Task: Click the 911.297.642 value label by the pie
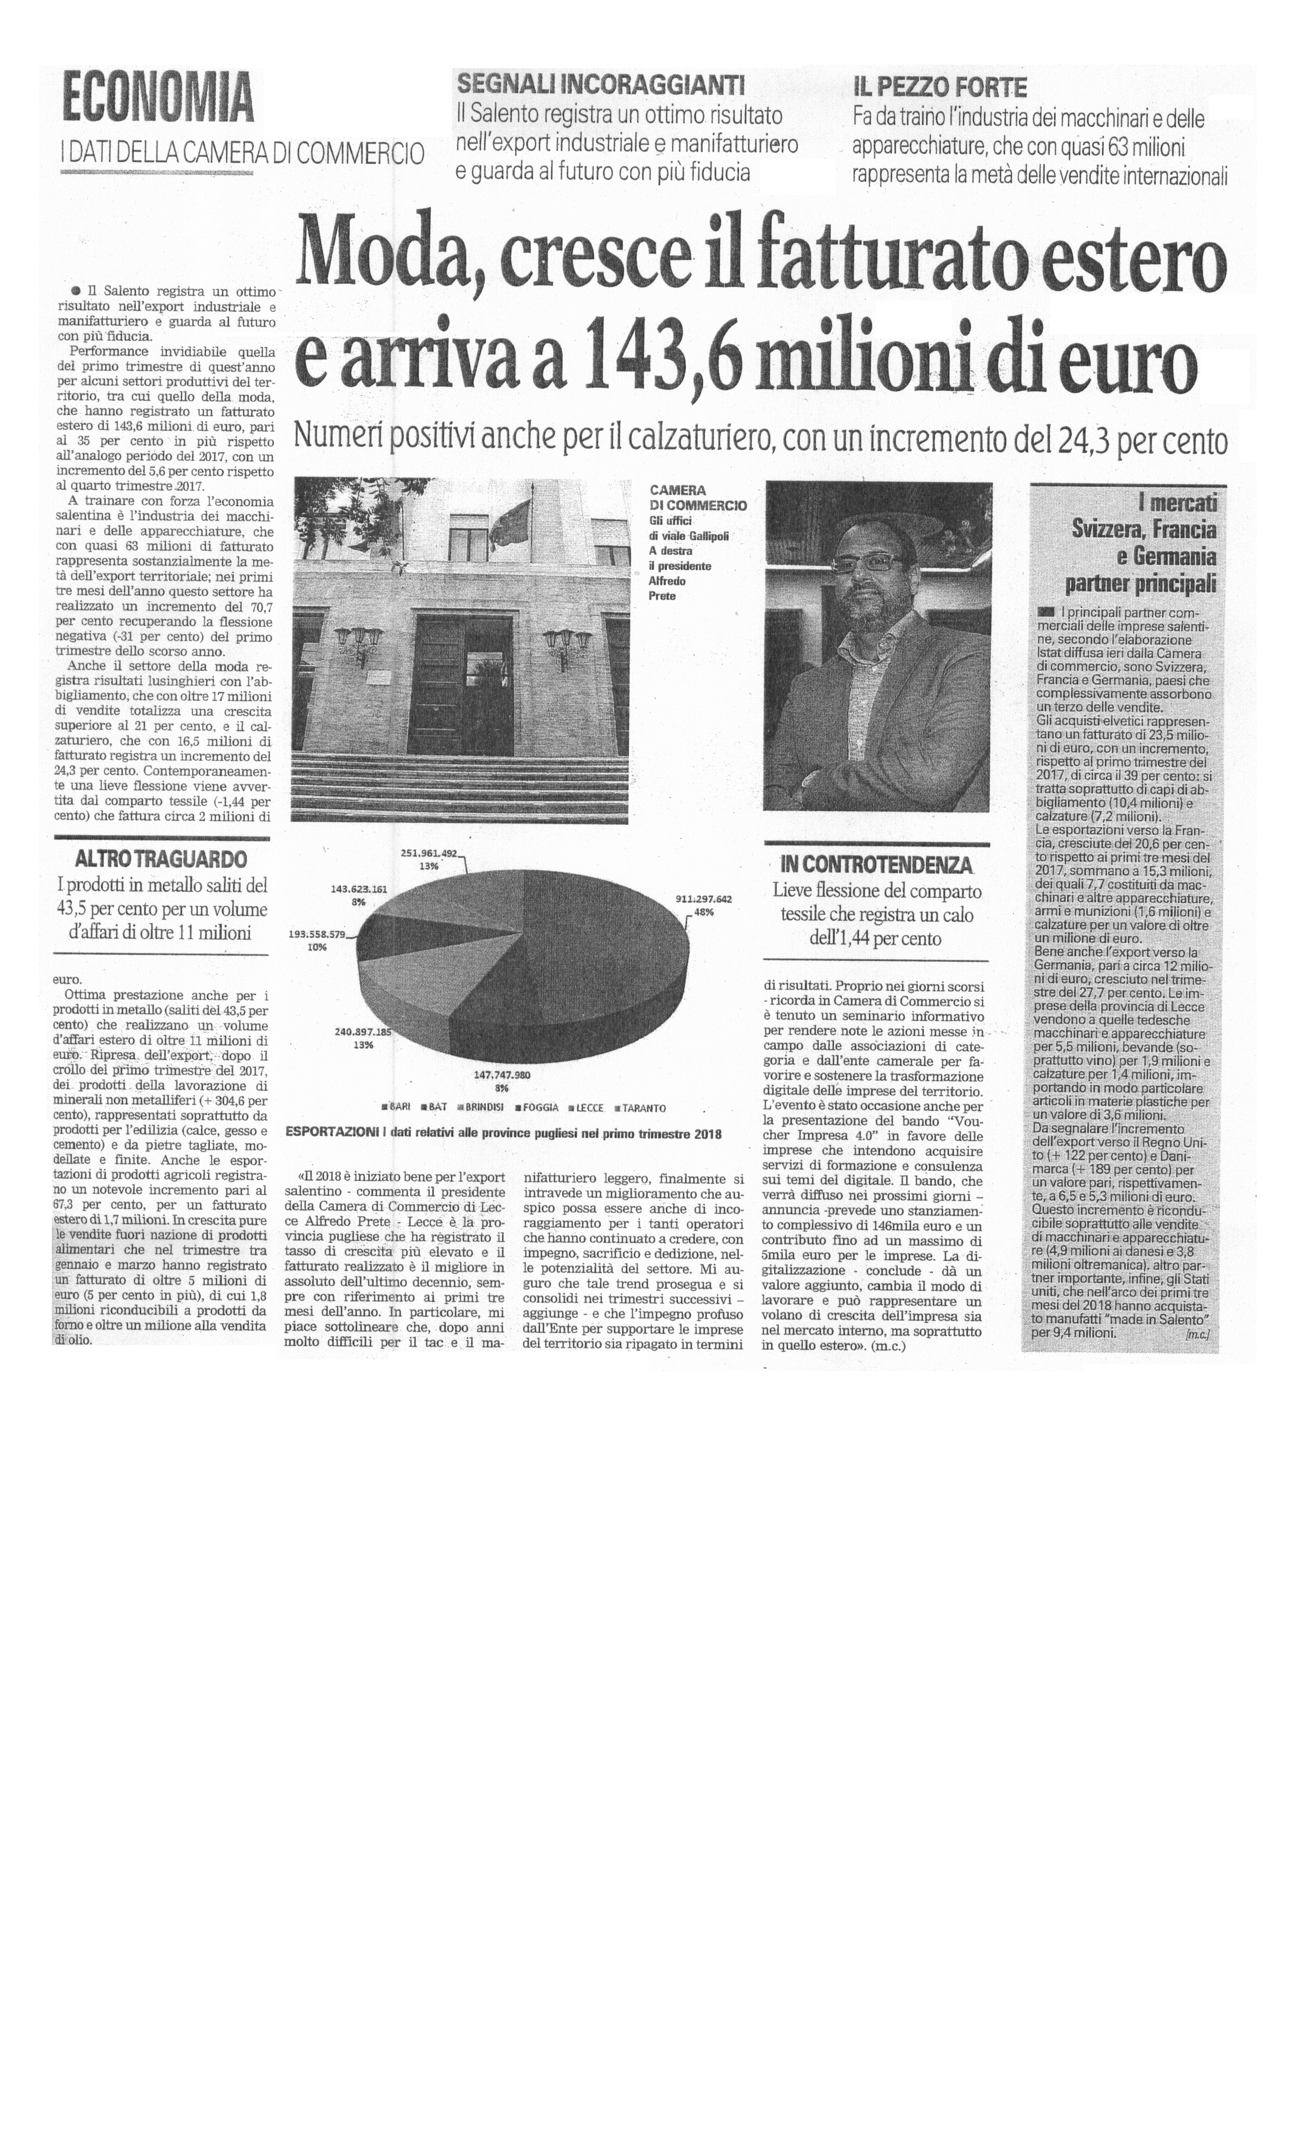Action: click(703, 899)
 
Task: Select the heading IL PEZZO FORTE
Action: click(940, 86)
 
